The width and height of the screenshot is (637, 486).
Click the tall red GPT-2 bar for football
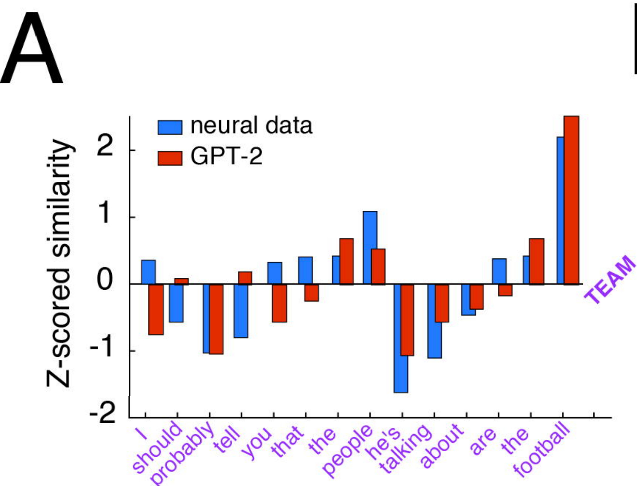click(571, 200)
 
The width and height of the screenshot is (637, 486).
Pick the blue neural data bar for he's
click(401, 338)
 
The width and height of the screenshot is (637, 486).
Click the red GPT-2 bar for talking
click(442, 303)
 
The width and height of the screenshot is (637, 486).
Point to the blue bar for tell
click(240, 311)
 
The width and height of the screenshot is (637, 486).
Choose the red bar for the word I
click(156, 309)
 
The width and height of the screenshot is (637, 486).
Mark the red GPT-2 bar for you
click(279, 303)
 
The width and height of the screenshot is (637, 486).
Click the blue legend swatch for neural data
click(170, 127)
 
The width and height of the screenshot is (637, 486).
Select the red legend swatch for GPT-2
click(170, 158)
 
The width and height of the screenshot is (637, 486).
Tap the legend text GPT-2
click(226, 156)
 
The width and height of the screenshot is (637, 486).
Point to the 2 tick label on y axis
click(105, 148)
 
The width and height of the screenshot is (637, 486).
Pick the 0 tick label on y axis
click(105, 280)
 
